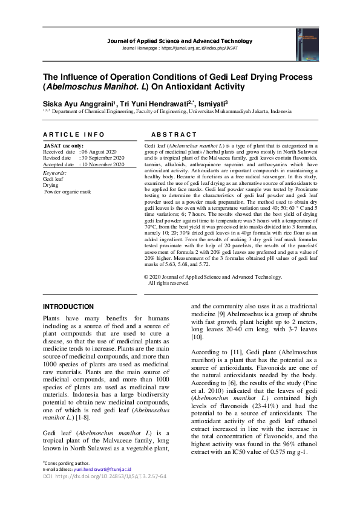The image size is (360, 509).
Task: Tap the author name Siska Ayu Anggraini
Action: (76, 102)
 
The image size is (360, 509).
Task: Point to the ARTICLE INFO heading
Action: (70, 134)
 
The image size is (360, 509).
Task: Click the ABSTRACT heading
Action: (174, 134)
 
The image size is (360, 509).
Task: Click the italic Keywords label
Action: (55, 173)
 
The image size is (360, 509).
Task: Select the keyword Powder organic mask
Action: (67, 191)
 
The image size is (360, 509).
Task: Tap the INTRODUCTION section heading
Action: (68, 306)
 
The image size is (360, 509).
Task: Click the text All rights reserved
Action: (169, 282)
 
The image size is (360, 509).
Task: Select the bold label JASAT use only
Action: (64, 146)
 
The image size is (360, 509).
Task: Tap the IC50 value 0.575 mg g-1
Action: (286, 452)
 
